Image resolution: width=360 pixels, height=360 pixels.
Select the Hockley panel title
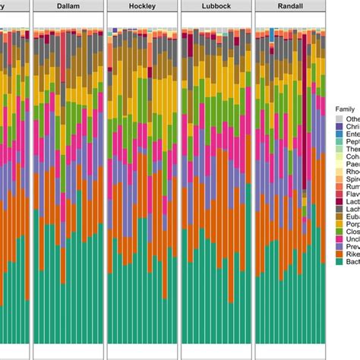[142, 6]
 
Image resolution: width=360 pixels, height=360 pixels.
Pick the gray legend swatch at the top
[339, 120]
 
